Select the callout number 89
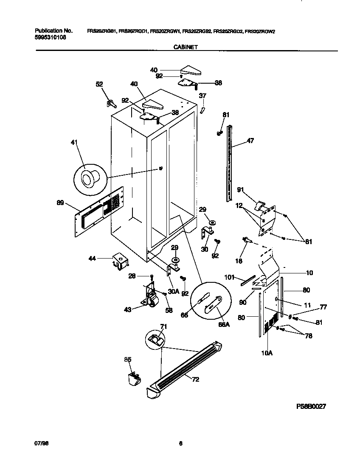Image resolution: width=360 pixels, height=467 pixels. [60, 203]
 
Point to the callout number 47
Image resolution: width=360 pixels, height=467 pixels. [250, 141]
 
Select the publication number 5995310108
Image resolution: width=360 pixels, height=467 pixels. [50, 37]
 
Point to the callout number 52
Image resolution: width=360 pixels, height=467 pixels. [99, 84]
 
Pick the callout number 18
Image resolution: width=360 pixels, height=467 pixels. [239, 261]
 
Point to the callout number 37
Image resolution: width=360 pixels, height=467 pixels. [202, 96]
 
